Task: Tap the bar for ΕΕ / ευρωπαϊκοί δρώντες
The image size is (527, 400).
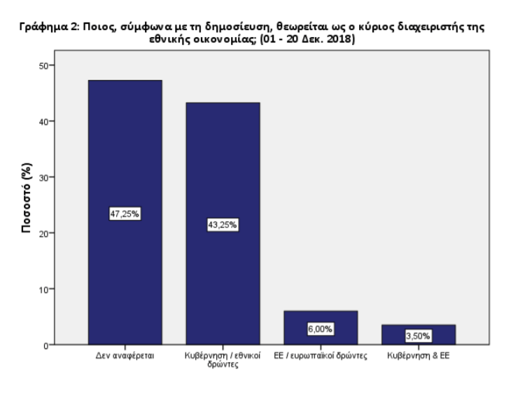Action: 320,319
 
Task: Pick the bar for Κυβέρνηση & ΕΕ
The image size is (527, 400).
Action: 419,329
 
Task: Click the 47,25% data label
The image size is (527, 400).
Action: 125,214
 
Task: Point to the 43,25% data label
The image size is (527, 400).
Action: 223,225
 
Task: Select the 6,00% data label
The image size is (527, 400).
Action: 321,329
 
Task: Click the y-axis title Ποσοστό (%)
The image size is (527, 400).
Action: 26,205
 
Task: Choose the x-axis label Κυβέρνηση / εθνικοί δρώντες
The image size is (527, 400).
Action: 222,360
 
